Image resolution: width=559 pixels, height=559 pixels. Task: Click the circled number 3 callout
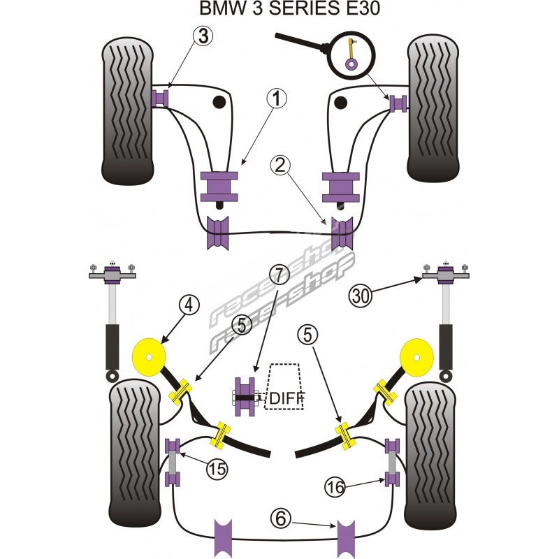203,36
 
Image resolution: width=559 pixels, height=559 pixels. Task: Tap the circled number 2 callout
280,166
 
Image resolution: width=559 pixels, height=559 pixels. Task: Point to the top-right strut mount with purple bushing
444,273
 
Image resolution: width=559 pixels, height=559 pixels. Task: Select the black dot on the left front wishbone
219,103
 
